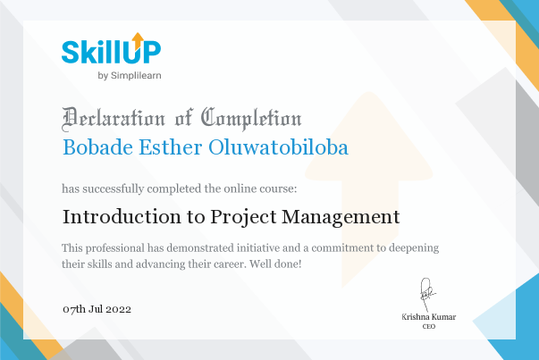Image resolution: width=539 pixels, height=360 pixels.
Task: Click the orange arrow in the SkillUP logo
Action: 138,41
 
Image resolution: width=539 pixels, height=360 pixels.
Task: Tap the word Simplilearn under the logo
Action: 136,76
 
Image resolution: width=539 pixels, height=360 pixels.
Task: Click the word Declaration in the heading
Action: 114,119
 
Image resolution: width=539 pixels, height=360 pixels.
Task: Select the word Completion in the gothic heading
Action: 251,119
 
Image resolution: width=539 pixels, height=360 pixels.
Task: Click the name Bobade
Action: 98,147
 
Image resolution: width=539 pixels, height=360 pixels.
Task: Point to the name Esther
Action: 171,147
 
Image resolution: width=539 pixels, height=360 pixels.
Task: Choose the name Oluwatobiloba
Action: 278,147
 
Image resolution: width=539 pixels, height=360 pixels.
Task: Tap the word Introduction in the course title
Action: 122,217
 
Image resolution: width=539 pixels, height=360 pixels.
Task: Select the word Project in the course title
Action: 243,218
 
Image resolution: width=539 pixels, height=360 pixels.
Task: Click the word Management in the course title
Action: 341,218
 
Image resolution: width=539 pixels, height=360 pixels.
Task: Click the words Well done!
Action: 275,264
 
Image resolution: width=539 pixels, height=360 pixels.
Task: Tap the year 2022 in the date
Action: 118,309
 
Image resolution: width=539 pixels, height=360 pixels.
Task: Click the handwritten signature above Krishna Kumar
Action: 427,295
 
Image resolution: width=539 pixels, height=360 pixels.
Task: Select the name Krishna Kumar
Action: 429,317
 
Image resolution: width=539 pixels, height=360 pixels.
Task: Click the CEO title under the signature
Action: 429,326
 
